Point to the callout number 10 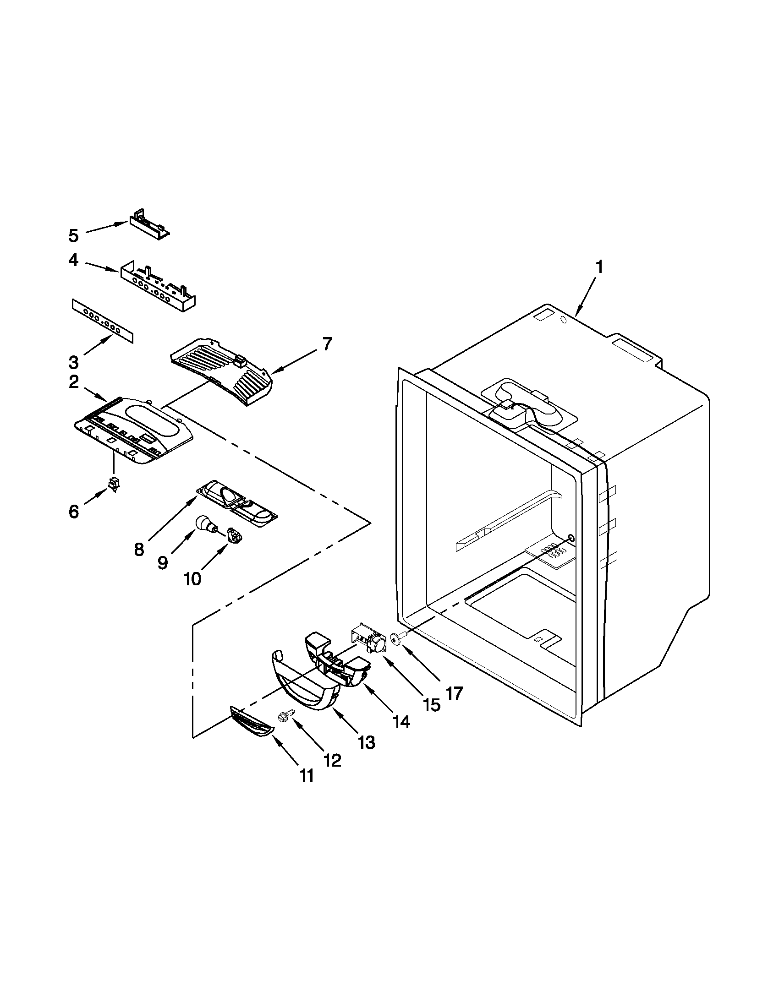click(192, 578)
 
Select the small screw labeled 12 click(282, 716)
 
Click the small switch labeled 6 click(113, 484)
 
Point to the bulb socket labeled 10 click(235, 537)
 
